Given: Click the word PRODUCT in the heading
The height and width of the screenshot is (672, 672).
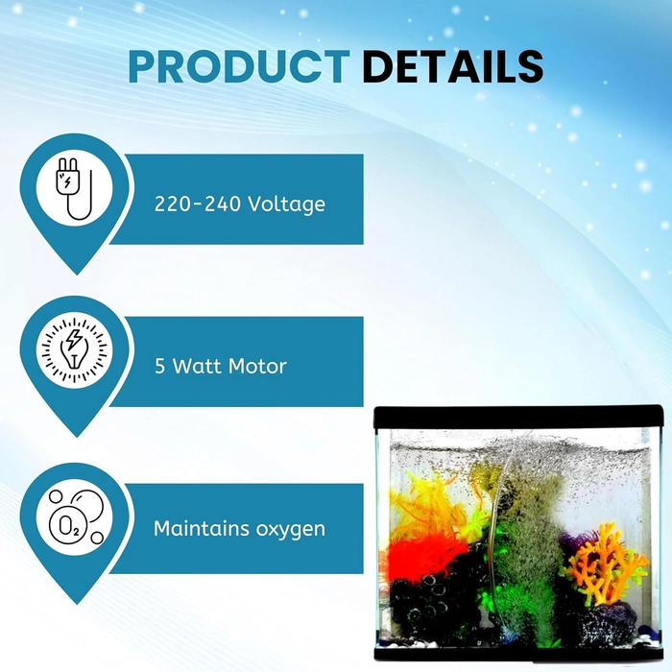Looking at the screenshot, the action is point(239,66).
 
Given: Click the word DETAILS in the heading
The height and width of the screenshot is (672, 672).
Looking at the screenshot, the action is point(452,66).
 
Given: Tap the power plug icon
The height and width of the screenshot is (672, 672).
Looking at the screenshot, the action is point(73,188).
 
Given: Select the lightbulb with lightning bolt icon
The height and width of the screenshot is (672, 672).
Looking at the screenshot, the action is point(75,349).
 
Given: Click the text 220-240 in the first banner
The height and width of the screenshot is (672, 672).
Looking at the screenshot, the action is point(197,204).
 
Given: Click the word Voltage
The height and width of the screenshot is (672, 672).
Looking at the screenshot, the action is point(287,204).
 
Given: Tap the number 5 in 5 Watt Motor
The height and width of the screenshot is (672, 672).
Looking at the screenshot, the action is point(159,367).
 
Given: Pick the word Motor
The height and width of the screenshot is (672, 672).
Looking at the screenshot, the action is point(257,367).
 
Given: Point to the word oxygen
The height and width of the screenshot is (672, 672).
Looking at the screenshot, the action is point(290,530).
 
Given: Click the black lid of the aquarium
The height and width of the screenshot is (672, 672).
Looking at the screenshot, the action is point(518,417).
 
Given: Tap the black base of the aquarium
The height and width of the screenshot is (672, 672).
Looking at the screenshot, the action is point(518,653).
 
